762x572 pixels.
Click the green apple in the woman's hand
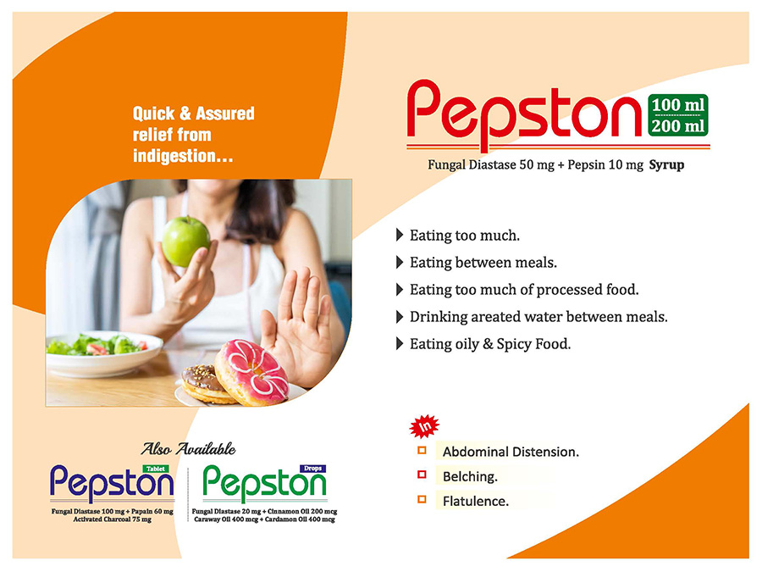click(185, 242)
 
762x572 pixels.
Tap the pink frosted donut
click(251, 373)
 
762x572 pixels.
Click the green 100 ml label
click(678, 104)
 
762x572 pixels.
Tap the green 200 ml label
click(678, 126)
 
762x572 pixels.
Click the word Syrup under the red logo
click(667, 165)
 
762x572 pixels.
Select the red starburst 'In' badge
click(424, 426)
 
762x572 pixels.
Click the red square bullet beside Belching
click(422, 475)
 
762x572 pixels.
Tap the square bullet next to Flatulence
click(422, 499)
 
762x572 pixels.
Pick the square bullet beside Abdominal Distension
click(422, 451)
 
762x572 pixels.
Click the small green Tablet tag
click(156, 469)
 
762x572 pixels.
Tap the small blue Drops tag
click(313, 469)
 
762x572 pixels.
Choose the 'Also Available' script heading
click(188, 448)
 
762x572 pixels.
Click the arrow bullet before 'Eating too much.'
click(400, 235)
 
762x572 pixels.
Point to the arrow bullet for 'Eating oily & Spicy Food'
click(400, 344)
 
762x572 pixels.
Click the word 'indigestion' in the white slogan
click(174, 156)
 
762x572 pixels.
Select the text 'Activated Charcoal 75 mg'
click(113, 519)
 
